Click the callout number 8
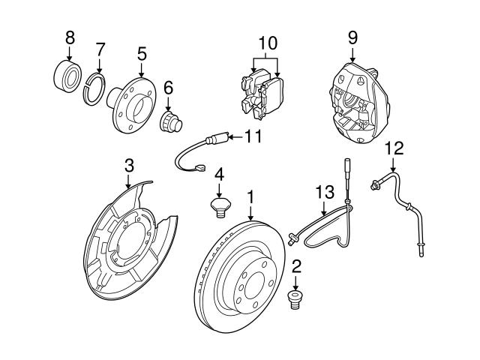pyautogui.click(x=70, y=36)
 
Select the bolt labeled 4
pyautogui.click(x=219, y=206)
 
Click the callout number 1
pyautogui.click(x=250, y=197)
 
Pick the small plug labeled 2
pyautogui.click(x=295, y=302)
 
